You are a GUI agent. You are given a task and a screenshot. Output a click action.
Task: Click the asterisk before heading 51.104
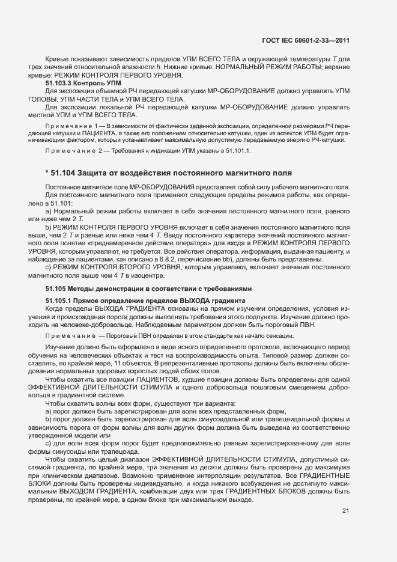point(47,173)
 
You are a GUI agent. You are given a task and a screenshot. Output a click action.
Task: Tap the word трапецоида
point(120,451)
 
